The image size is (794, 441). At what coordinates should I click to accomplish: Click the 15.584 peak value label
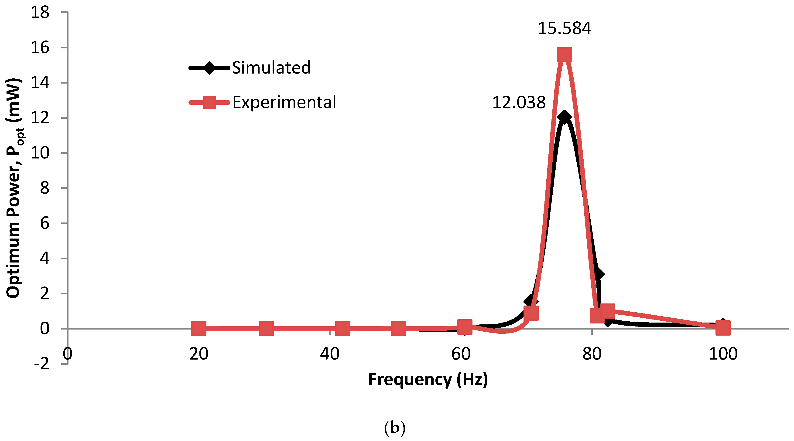(x=564, y=28)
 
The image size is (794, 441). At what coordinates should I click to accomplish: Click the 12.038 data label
(x=519, y=103)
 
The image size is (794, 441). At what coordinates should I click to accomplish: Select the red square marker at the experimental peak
(x=564, y=55)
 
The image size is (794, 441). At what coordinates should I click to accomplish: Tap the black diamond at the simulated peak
(x=564, y=117)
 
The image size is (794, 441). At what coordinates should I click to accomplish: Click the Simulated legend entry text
(x=271, y=68)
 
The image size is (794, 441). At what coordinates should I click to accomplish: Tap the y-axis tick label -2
(x=42, y=364)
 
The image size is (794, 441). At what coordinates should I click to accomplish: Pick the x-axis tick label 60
(x=461, y=354)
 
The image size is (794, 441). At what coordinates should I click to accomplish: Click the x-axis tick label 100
(x=723, y=354)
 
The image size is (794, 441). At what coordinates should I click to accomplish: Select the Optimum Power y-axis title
(x=14, y=188)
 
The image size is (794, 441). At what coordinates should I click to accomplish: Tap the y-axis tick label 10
(x=40, y=153)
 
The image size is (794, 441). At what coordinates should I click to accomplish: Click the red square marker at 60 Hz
(x=465, y=327)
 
